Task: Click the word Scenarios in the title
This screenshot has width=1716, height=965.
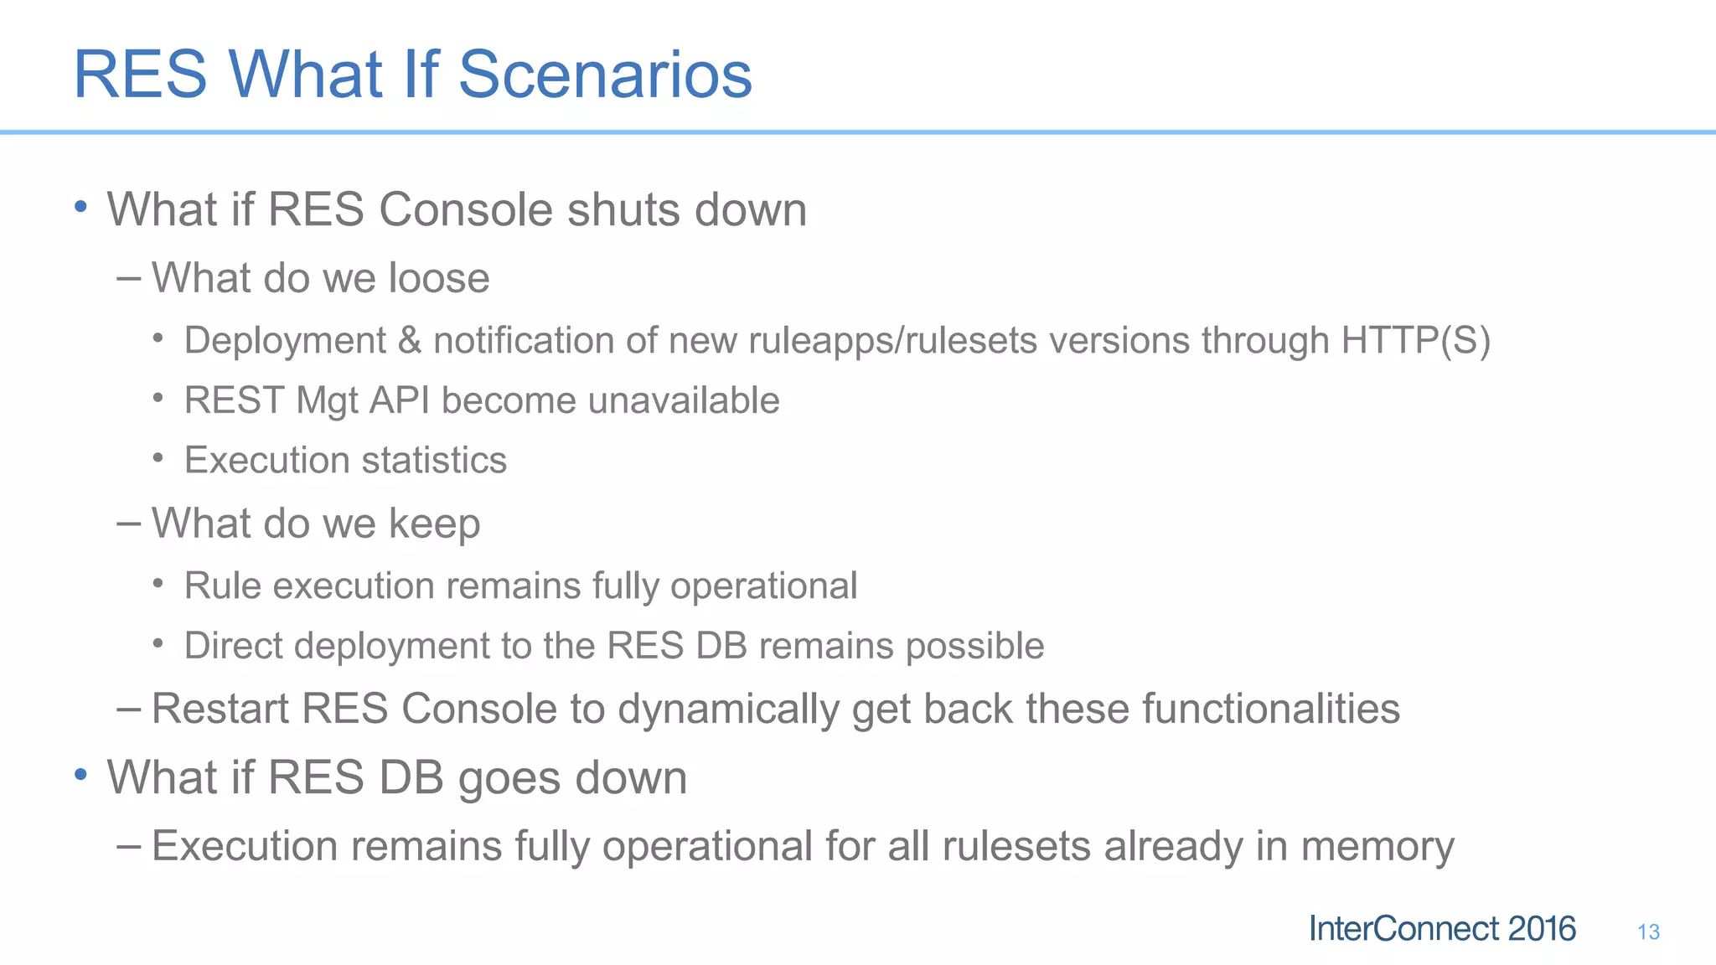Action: click(x=604, y=75)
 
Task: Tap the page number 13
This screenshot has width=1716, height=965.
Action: click(x=1648, y=932)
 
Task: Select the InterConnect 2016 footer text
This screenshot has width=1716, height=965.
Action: click(x=1441, y=929)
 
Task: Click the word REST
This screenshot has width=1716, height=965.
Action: click(x=234, y=400)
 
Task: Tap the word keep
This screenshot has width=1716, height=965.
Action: click(x=434, y=524)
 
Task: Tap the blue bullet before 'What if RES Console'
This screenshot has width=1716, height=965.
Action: click(x=80, y=207)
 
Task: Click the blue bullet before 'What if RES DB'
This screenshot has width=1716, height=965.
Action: click(x=80, y=775)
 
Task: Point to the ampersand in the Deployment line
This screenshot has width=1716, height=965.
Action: click(x=409, y=341)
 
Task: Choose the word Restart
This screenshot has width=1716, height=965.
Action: click(x=220, y=709)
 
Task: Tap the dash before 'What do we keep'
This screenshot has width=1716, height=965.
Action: click(x=128, y=524)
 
